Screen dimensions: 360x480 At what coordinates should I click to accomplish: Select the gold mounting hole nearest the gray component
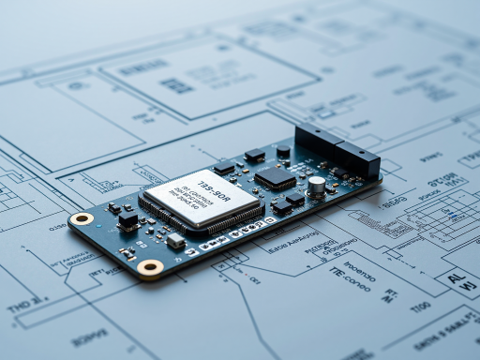(x=150, y=268)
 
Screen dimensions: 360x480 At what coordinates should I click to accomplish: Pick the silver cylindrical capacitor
(x=317, y=186)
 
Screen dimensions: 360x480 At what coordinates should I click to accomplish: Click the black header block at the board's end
(x=357, y=161)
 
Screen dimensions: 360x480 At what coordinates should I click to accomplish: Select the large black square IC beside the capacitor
(x=275, y=176)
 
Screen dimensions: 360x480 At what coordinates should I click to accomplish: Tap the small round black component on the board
(x=283, y=150)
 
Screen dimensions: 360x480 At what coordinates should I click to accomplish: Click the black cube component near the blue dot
(x=127, y=218)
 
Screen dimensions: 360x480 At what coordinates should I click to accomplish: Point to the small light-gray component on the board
(x=175, y=240)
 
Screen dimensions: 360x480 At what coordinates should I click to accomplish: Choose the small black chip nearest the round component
(x=254, y=155)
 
